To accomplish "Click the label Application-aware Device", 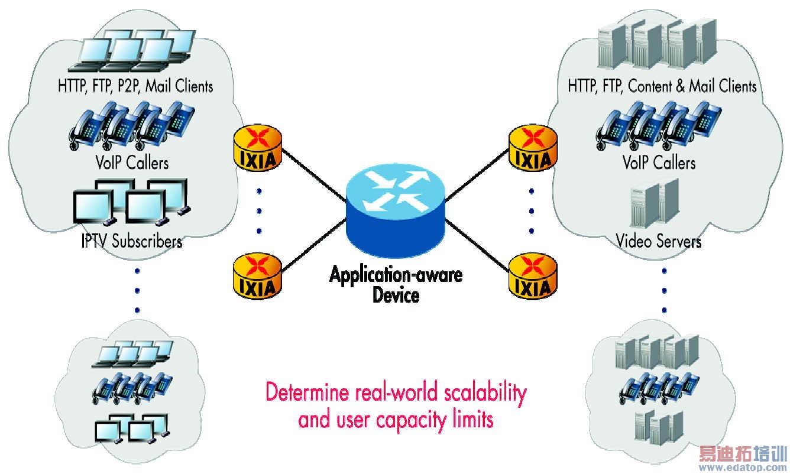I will (x=396, y=284).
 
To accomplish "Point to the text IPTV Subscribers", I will (x=131, y=241).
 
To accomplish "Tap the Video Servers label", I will (x=658, y=241).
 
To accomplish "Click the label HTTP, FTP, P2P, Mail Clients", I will (x=135, y=86).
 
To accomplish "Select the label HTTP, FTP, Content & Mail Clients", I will (x=662, y=86).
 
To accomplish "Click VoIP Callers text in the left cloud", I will (x=131, y=162).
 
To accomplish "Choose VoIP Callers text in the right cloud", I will (x=659, y=162).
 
